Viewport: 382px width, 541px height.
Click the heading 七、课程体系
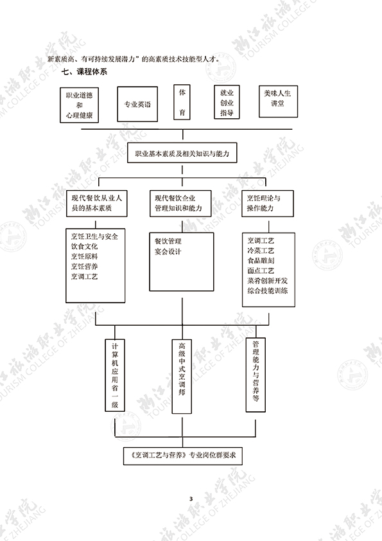click(x=84, y=72)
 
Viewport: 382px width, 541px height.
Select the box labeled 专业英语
click(x=137, y=104)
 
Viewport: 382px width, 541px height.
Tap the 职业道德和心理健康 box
click(x=80, y=105)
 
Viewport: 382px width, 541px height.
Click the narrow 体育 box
click(x=182, y=102)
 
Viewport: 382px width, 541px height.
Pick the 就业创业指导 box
click(x=227, y=102)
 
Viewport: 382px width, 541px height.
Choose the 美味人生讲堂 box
click(x=278, y=102)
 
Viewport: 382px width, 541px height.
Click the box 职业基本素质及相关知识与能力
click(x=182, y=153)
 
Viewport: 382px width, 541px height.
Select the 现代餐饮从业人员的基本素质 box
click(x=96, y=203)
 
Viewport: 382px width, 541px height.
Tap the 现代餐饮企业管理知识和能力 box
click(x=180, y=203)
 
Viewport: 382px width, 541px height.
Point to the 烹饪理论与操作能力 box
click(x=268, y=203)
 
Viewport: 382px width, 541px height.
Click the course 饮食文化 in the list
click(x=84, y=246)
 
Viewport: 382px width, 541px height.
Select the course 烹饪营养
click(x=84, y=267)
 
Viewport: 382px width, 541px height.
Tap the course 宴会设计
click(x=168, y=251)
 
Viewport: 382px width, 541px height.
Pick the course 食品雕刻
click(x=261, y=260)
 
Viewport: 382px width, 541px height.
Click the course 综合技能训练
click(x=268, y=290)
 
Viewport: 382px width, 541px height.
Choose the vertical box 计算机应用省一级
click(x=115, y=375)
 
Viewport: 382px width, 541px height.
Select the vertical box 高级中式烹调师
click(x=182, y=376)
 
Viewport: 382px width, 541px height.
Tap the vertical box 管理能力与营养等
click(x=256, y=375)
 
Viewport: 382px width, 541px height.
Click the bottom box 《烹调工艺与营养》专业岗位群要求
click(x=183, y=456)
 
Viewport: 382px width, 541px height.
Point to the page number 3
click(x=191, y=498)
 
